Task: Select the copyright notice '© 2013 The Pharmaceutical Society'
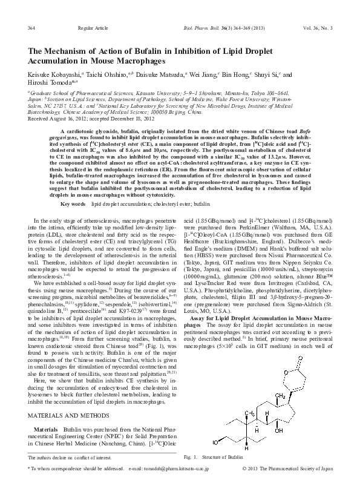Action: [x=296, y=468]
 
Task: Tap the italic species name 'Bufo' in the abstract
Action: [x=324, y=131]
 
